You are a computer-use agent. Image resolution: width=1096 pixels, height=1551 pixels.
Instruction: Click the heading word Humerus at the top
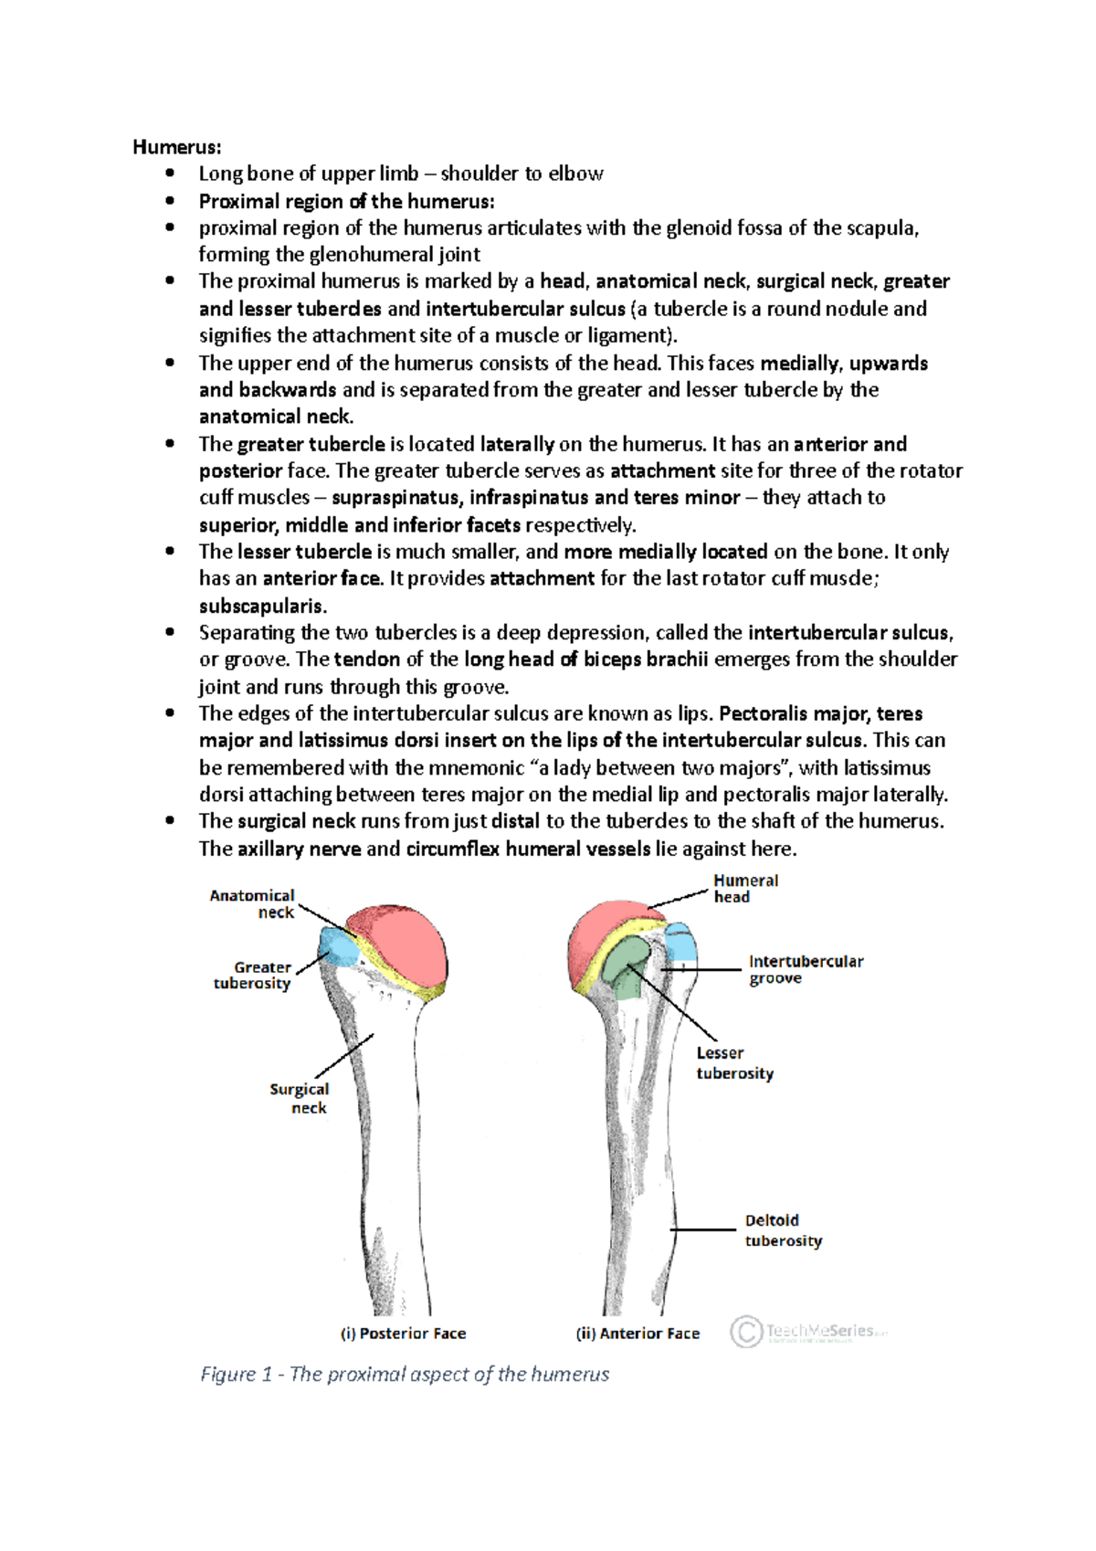[x=176, y=147]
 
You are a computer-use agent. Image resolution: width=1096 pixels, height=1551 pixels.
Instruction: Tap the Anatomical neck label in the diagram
[x=252, y=903]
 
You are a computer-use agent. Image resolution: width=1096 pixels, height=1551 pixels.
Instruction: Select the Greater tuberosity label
[x=252, y=975]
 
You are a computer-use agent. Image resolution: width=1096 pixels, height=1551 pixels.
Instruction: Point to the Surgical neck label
[x=299, y=1098]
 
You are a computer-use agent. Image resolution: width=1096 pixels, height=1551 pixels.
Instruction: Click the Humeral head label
[x=745, y=889]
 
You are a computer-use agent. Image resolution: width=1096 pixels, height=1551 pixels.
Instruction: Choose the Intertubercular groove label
[x=806, y=969]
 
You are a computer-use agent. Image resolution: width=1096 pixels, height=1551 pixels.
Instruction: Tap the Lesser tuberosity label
[x=734, y=1063]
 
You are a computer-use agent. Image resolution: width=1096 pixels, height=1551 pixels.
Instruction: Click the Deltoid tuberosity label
[x=783, y=1230]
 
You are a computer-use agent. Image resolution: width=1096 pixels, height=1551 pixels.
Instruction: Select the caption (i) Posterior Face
[x=403, y=1334]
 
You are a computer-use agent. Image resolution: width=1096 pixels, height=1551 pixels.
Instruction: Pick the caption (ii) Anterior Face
[x=638, y=1334]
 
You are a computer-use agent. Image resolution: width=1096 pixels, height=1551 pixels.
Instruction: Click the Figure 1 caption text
[x=405, y=1375]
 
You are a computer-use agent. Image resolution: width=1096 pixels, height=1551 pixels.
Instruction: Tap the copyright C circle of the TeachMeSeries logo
[x=745, y=1331]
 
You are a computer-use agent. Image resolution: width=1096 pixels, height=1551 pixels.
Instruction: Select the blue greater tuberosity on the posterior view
[x=339, y=947]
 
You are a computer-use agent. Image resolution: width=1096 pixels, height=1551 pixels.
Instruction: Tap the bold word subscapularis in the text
[x=262, y=606]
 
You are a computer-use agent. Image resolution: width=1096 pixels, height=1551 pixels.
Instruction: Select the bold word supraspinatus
[x=395, y=498]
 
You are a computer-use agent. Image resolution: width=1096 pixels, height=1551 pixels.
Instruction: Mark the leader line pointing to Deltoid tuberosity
[x=703, y=1229]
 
